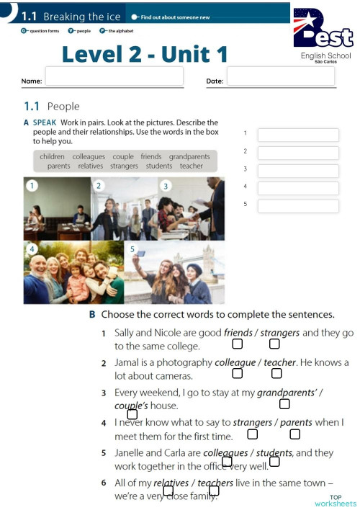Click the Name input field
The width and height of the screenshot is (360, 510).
[x=114, y=76]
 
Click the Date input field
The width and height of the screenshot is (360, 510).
[x=281, y=76]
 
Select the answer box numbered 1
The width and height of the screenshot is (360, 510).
[x=298, y=135]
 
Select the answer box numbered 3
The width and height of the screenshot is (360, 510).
[x=298, y=171]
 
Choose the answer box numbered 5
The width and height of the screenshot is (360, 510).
[x=298, y=206]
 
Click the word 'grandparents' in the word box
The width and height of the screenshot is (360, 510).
[x=189, y=156]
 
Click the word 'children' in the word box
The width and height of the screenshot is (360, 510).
[x=52, y=156]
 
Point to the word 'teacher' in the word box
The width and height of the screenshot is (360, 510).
[x=192, y=166]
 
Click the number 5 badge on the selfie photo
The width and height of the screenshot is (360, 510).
[x=132, y=249]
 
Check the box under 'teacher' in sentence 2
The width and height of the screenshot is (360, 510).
[x=276, y=373]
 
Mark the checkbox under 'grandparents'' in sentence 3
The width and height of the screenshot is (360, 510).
[x=284, y=403]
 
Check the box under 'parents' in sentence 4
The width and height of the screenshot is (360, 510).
[x=294, y=434]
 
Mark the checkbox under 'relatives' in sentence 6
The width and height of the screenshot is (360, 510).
[x=168, y=491]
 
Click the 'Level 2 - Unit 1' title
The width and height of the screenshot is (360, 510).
[x=144, y=53]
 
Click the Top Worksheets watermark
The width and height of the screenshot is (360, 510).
[x=336, y=501]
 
